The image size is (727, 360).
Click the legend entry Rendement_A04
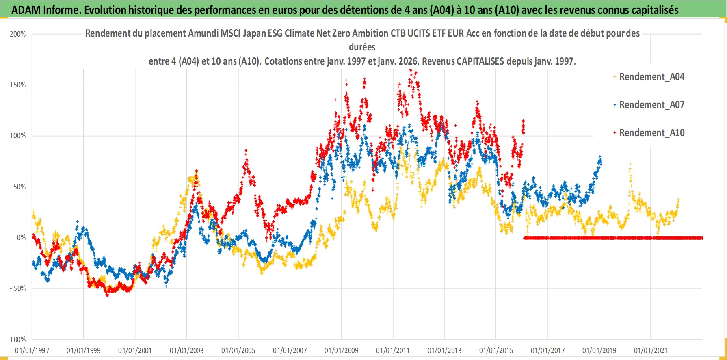tap(651, 77)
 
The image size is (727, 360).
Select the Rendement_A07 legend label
tap(651, 105)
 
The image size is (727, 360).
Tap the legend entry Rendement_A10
tap(651, 133)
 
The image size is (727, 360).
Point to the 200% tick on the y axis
tap(18, 34)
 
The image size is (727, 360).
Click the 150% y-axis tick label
tap(18, 85)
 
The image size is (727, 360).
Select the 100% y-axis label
tap(18, 136)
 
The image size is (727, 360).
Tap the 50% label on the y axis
tap(19, 187)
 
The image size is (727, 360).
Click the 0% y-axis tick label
tap(21, 238)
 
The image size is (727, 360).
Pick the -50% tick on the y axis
tap(18, 288)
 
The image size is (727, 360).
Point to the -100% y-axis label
tap(16, 339)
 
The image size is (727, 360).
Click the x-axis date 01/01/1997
tap(32, 350)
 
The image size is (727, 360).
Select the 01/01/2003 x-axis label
tap(187, 350)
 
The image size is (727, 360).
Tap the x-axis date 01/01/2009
tap(342, 350)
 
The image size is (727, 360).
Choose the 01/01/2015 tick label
tap(496, 350)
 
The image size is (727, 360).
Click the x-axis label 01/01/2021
tap(651, 350)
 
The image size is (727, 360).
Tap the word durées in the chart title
tap(362, 47)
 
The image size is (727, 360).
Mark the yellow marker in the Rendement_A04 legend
tap(614, 77)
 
